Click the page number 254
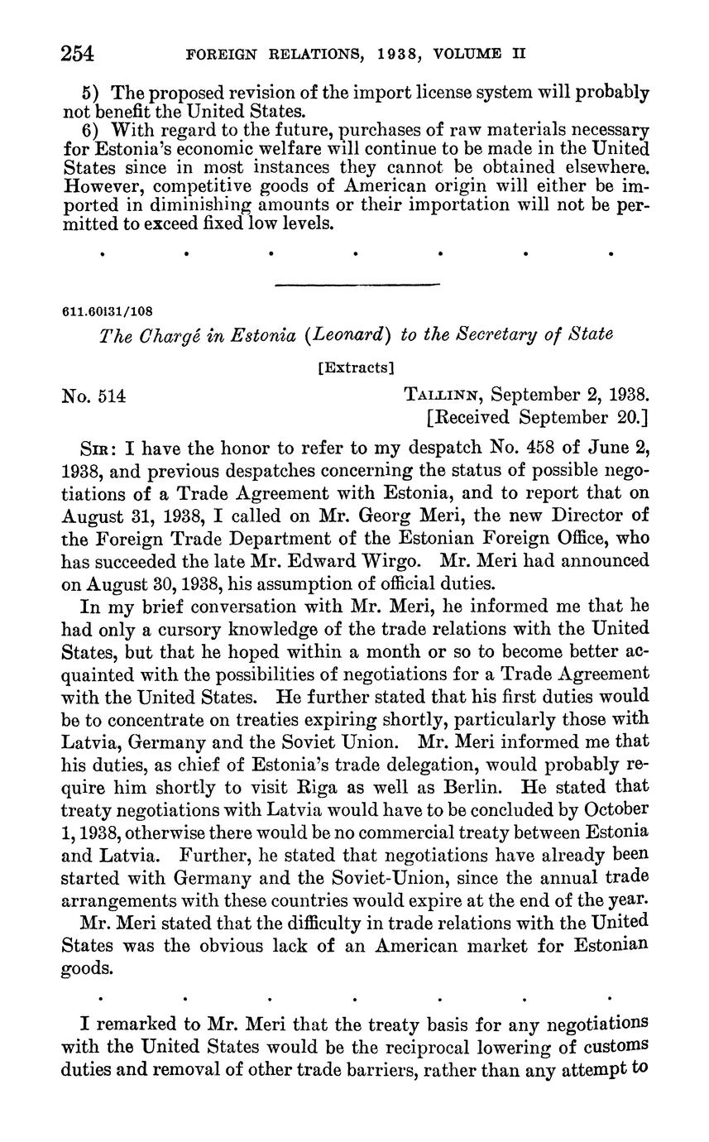(x=79, y=54)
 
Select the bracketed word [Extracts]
(x=356, y=366)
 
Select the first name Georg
(x=356, y=516)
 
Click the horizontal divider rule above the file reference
(x=356, y=285)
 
